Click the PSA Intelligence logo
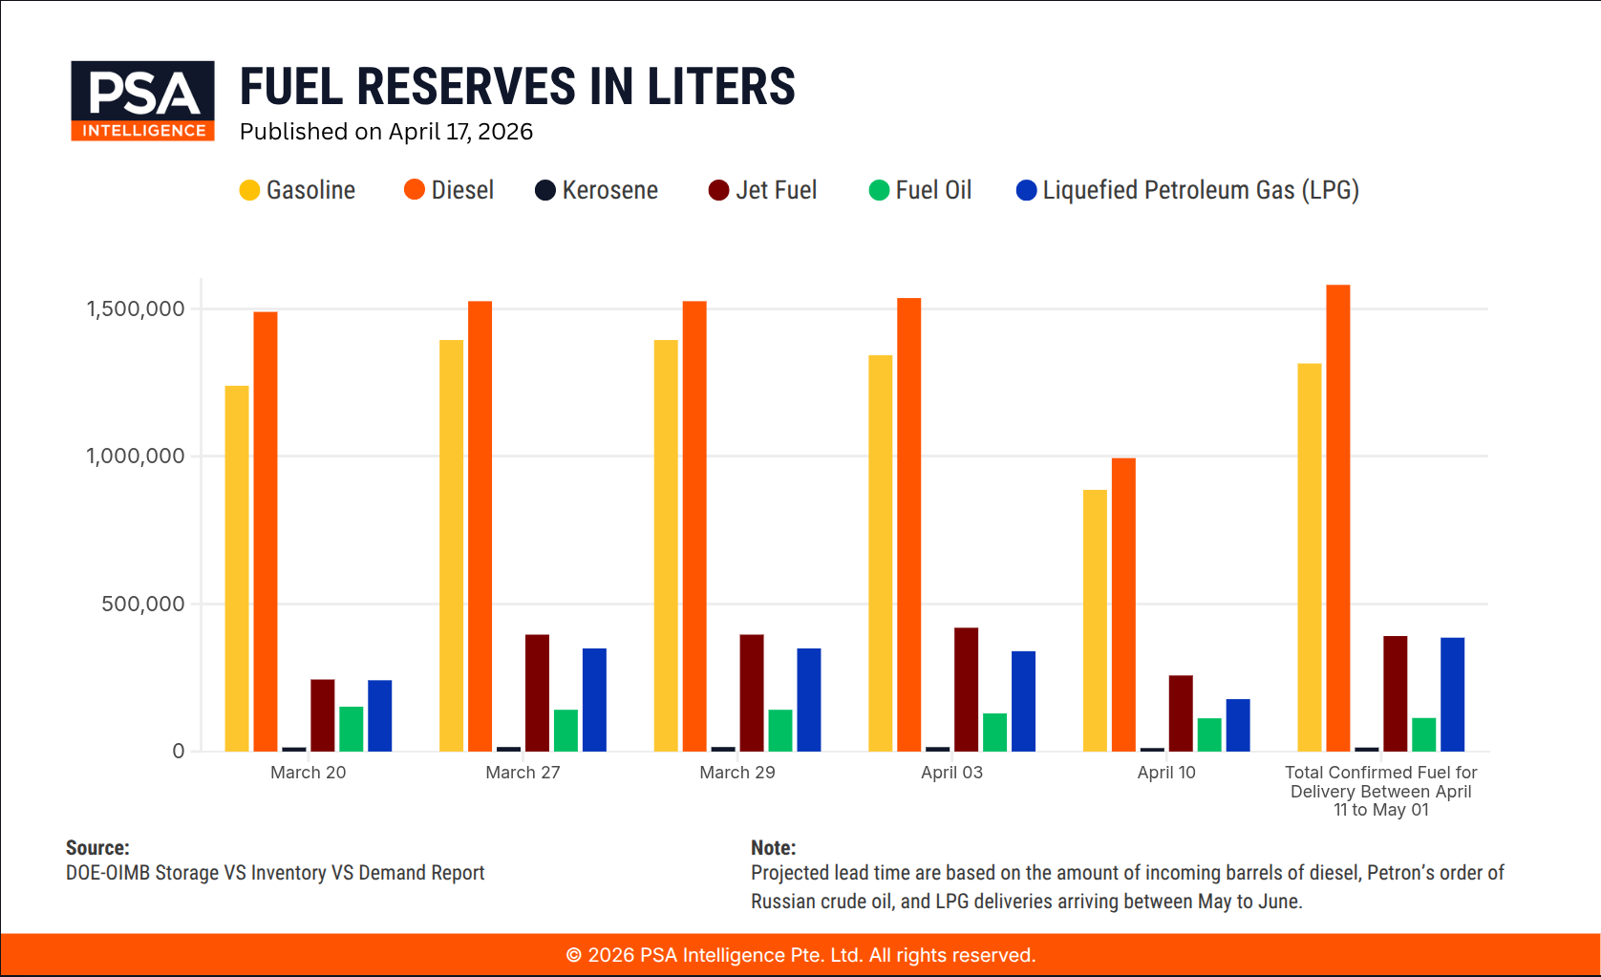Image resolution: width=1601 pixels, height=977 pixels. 142,100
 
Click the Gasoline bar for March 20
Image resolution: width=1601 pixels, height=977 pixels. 237,568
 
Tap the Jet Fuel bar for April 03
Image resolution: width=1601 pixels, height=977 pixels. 966,690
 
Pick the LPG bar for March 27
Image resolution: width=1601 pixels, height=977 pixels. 594,700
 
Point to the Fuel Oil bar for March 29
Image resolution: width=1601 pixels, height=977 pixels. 780,731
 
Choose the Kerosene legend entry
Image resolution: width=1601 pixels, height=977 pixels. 597,190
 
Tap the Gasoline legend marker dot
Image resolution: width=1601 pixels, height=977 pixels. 249,190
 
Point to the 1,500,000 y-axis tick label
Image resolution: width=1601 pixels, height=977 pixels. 136,308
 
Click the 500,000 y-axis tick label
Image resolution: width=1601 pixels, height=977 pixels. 143,604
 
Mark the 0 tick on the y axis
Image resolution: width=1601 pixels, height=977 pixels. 179,752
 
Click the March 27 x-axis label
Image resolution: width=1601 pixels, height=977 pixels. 523,773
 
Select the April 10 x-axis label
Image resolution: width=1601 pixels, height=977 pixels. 1165,773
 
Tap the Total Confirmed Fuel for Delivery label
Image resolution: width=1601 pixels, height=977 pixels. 1380,791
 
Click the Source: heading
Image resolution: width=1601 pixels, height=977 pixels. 97,847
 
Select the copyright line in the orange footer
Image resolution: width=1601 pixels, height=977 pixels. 800,955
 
